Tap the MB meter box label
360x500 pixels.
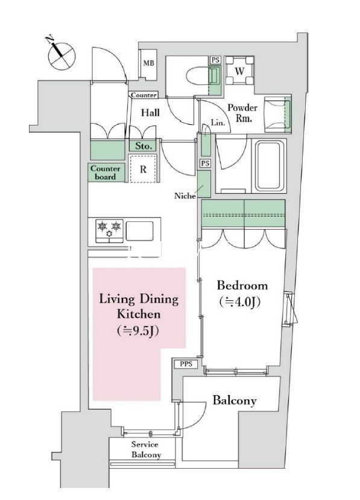[x=148, y=63]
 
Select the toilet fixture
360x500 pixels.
[x=197, y=76]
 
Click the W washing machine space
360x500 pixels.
[x=240, y=71]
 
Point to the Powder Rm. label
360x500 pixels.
[x=242, y=113]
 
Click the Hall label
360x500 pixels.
[x=151, y=112]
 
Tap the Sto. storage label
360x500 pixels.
[x=144, y=146]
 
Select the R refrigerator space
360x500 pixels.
[x=143, y=169]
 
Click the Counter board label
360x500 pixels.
[x=105, y=172]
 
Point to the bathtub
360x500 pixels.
[x=268, y=166]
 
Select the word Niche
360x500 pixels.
[x=185, y=196]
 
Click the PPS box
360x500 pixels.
[x=186, y=364]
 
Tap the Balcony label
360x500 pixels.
[x=235, y=400]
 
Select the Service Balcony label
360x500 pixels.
[x=145, y=449]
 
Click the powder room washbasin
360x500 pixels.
[x=278, y=115]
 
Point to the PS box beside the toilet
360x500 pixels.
[x=215, y=60]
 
